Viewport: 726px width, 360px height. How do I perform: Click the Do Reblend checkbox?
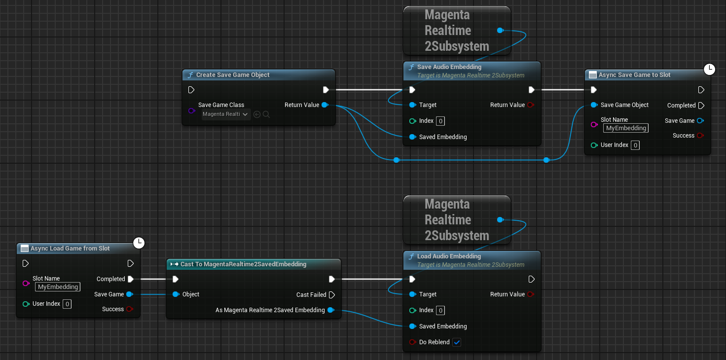(x=457, y=342)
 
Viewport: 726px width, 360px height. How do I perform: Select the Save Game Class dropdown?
(x=226, y=114)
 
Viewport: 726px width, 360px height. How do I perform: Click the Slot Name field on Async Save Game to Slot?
(x=625, y=128)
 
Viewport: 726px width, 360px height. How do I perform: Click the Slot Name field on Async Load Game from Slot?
(x=58, y=287)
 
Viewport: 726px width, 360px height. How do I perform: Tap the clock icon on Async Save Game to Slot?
(x=709, y=69)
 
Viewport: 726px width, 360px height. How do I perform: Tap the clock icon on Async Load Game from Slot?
(x=139, y=243)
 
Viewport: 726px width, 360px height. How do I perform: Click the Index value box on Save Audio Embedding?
(x=440, y=121)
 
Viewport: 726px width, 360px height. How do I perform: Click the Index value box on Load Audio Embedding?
(x=440, y=310)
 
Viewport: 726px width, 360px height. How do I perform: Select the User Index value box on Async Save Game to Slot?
(x=635, y=145)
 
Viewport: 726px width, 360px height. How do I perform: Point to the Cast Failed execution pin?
(x=331, y=295)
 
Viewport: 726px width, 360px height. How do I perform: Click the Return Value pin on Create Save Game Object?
(x=325, y=105)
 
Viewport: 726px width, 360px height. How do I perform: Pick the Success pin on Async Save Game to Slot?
(x=700, y=136)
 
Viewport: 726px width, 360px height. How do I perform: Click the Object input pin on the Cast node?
(x=176, y=294)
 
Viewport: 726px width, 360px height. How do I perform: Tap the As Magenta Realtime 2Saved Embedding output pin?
(x=331, y=310)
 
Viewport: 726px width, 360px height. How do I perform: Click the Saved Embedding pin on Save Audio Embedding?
(x=413, y=137)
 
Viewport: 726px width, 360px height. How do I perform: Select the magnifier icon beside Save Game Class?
(x=266, y=114)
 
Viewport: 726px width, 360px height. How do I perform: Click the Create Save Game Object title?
(x=233, y=75)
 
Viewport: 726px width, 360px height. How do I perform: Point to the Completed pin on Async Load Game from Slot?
(x=131, y=279)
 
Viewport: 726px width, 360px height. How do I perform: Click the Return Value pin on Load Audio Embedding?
(x=531, y=294)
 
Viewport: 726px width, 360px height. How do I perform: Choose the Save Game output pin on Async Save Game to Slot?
(x=700, y=120)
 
